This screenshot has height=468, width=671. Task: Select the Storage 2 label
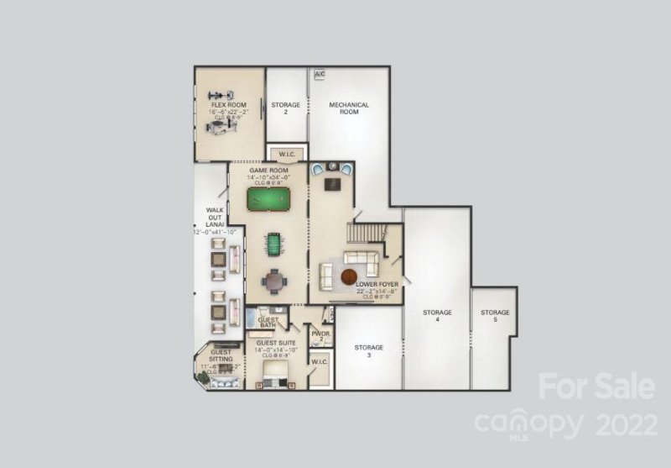pyautogui.click(x=285, y=108)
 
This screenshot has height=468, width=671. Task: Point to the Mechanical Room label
pyautogui.click(x=349, y=108)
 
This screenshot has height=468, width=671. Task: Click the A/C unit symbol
pyautogui.click(x=319, y=75)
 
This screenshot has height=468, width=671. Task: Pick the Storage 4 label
pyautogui.click(x=437, y=316)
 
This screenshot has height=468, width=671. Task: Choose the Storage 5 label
pyautogui.click(x=495, y=316)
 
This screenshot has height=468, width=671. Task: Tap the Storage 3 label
pyautogui.click(x=368, y=350)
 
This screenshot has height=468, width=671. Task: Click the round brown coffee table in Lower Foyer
pyautogui.click(x=349, y=276)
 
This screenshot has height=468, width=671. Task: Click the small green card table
pyautogui.click(x=273, y=245)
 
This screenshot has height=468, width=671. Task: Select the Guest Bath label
pyautogui.click(x=268, y=322)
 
